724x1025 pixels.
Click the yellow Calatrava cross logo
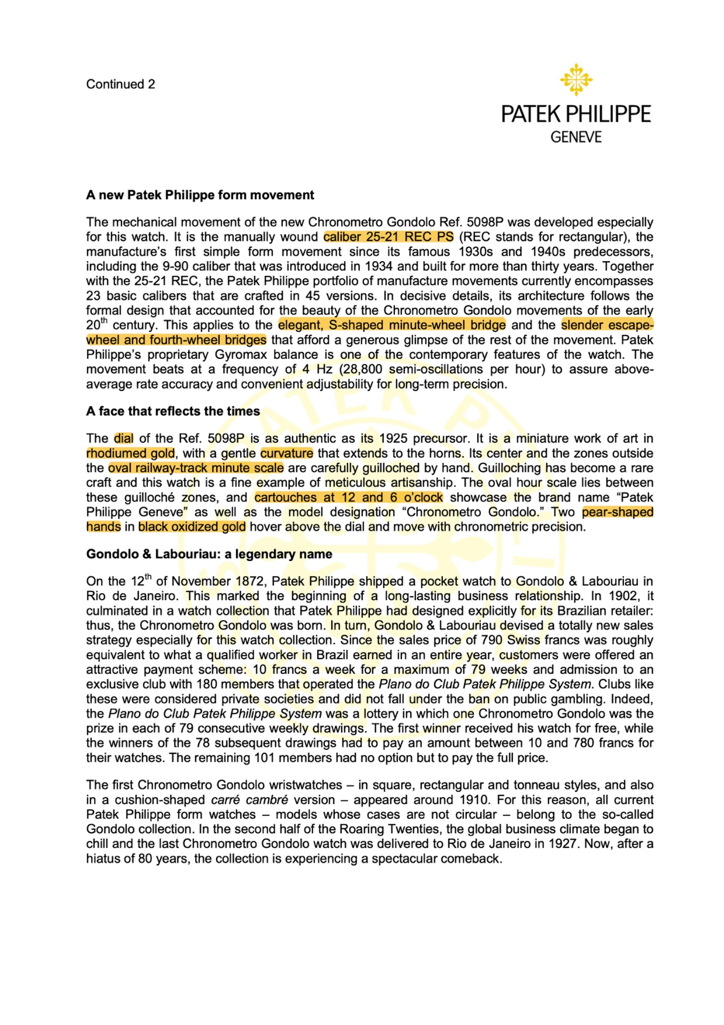pyautogui.click(x=576, y=80)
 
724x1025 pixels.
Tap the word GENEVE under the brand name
pyautogui.click(x=576, y=137)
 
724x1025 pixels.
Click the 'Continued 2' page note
pyautogui.click(x=121, y=84)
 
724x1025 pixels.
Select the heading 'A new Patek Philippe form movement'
pyautogui.click(x=200, y=195)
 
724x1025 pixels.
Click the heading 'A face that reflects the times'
pyautogui.click(x=173, y=411)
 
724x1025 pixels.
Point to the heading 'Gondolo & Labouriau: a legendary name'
pyautogui.click(x=209, y=554)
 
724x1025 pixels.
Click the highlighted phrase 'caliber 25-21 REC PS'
pyautogui.click(x=388, y=237)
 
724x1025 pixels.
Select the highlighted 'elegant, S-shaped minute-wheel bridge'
pyautogui.click(x=392, y=325)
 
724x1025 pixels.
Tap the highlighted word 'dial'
pyautogui.click(x=124, y=439)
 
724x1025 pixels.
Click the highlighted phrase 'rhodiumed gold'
pyautogui.click(x=131, y=453)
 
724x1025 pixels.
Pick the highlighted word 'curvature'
pyautogui.click(x=287, y=453)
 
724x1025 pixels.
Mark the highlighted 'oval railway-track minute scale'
pyautogui.click(x=196, y=468)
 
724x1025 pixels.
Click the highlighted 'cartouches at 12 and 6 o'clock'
pyautogui.click(x=349, y=497)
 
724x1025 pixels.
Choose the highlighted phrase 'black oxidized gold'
pyautogui.click(x=192, y=527)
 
